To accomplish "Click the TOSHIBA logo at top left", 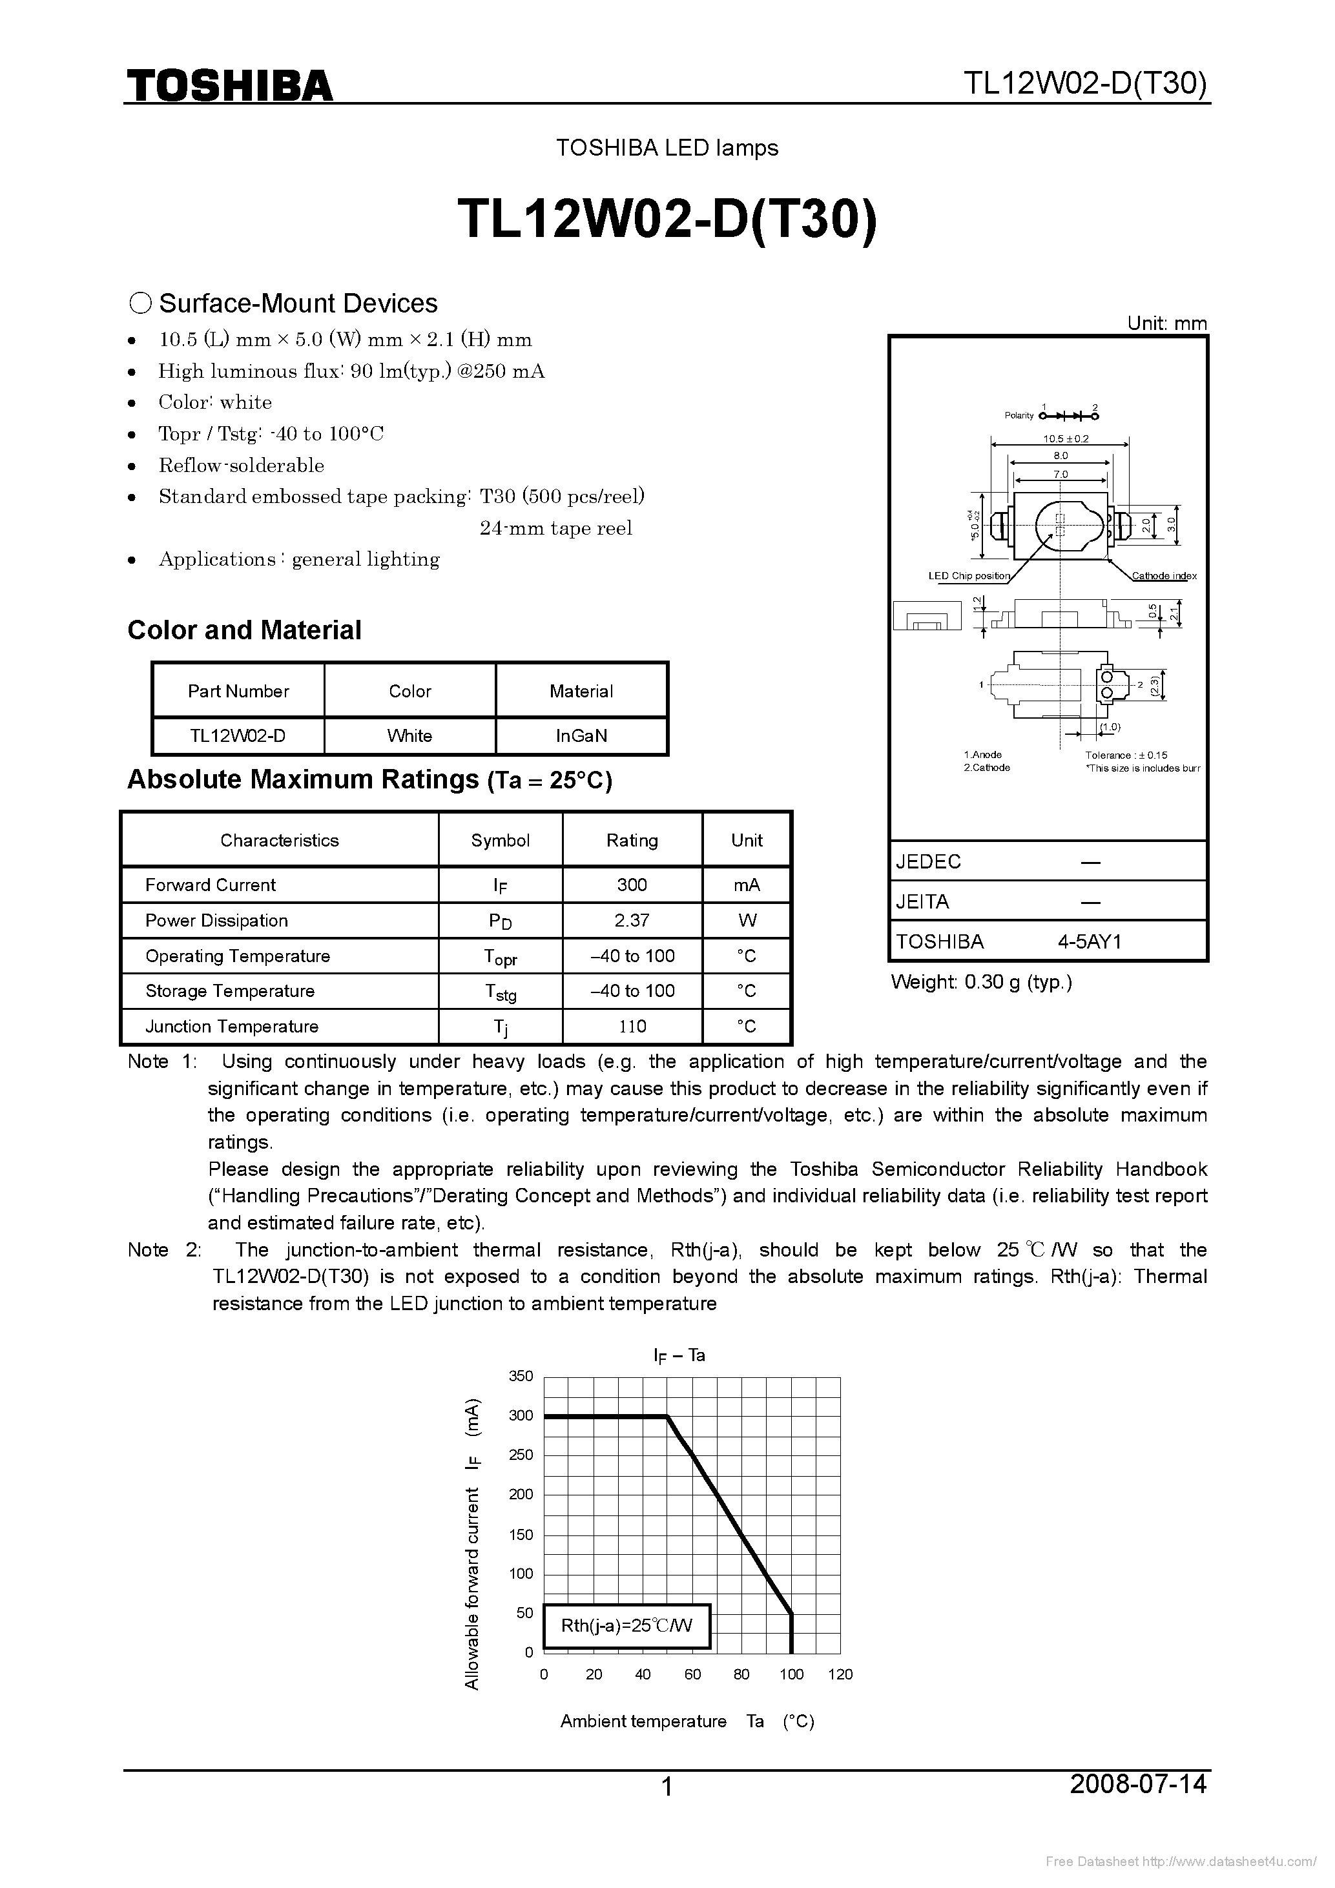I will coord(229,85).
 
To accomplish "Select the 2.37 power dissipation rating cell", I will coord(632,920).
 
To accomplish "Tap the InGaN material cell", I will coord(581,735).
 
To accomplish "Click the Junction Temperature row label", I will coord(231,1026).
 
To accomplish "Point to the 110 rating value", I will coord(632,1026).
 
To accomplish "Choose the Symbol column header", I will coord(500,839).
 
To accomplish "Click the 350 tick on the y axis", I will coord(521,1376).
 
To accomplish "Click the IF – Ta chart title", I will coord(679,1354).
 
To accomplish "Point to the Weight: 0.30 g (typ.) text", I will coord(981,982).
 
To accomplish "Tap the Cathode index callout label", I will coord(1164,575).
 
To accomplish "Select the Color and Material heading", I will coord(244,630).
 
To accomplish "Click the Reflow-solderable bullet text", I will coord(241,466).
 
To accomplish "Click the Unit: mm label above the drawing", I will coord(1166,323).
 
